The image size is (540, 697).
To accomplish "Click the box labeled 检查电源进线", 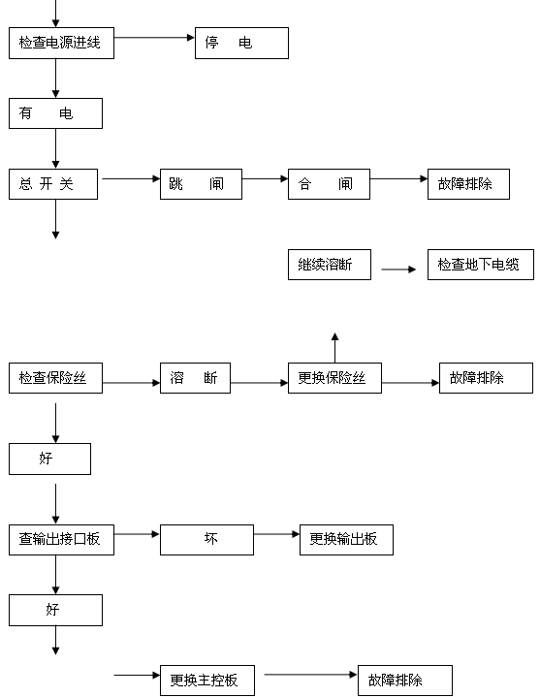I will coord(61,43).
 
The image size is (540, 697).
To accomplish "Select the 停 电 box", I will coord(241,43).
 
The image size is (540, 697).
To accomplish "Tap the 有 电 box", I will coord(55,113).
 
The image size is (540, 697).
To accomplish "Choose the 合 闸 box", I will coord(329,183).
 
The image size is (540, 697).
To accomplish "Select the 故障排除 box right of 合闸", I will coord(468,183).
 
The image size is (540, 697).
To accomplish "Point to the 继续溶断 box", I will coord(329,265).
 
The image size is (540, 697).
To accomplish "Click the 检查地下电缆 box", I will coord(480,265).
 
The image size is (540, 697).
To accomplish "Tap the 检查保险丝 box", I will coord(55,378).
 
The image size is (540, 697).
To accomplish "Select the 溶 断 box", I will coord(195,378).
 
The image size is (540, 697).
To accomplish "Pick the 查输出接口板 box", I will coord(61,540).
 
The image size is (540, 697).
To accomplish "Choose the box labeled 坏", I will coord(206,540).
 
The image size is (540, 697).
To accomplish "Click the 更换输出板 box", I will coord(346,540).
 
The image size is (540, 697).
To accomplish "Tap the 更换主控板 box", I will coord(206,681).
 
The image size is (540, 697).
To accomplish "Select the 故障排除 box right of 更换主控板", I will coord(404,681).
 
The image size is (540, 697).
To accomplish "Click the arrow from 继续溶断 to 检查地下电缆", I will coord(398,269).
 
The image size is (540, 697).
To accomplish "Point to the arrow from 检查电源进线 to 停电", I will coord(155,38).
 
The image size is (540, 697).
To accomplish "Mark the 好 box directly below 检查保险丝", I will coord(49,459).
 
